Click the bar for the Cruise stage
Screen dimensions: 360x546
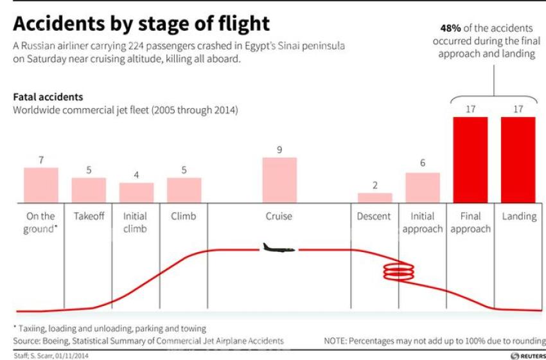[279, 180]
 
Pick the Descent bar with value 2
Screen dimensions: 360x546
[375, 198]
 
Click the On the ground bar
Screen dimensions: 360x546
[41, 185]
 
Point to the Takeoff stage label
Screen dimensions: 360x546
[89, 217]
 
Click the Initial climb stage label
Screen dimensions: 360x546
[136, 222]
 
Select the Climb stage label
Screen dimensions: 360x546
[184, 217]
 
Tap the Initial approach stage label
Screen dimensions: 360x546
[422, 222]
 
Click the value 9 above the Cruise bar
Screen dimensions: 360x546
[279, 150]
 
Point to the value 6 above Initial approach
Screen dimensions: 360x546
[423, 163]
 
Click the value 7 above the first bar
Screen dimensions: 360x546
[41, 159]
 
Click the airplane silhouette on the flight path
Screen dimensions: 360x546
[279, 248]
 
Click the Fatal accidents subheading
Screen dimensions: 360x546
[48, 97]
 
